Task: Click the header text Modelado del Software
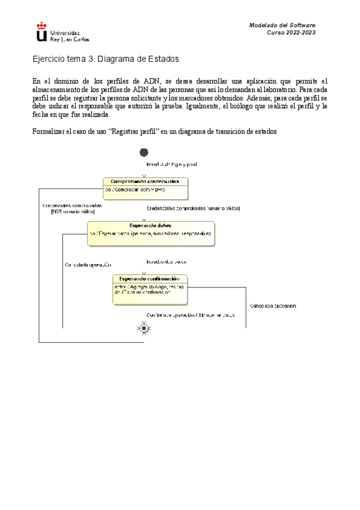(x=282, y=25)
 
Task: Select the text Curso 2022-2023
(x=291, y=33)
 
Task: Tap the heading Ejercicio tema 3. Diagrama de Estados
(x=105, y=60)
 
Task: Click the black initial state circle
(x=144, y=153)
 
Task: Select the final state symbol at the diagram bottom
(x=144, y=328)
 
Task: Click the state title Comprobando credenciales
(x=145, y=181)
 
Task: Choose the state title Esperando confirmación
(x=150, y=278)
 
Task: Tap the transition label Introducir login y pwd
(x=172, y=164)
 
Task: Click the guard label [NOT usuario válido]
(x=73, y=212)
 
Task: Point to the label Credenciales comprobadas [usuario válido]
(x=193, y=208)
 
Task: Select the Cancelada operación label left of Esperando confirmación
(x=87, y=265)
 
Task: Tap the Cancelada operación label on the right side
(x=272, y=306)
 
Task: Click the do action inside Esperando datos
(x=150, y=233)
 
